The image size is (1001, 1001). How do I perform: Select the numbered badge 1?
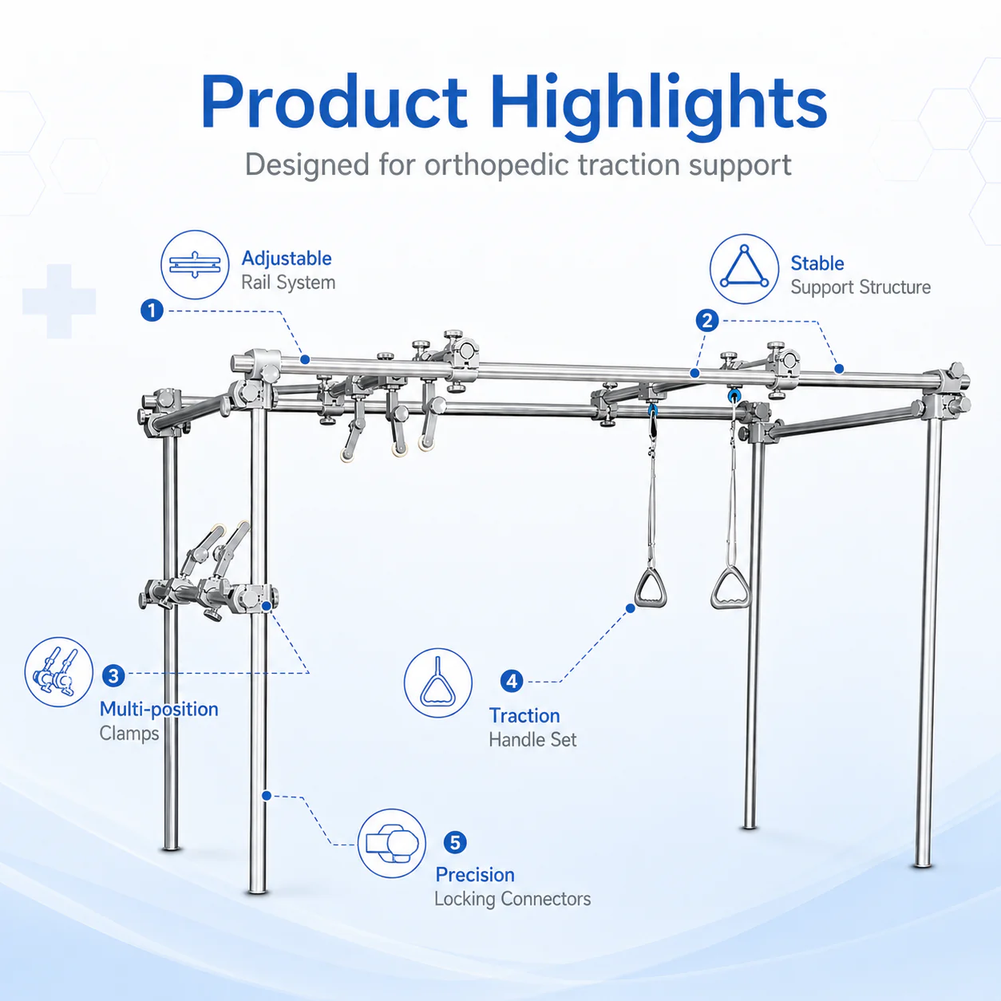click(152, 311)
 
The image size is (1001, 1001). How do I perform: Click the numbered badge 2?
click(707, 321)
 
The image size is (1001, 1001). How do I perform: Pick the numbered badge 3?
click(113, 676)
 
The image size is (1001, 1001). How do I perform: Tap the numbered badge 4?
click(512, 681)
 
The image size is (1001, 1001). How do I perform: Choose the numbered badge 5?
click(455, 842)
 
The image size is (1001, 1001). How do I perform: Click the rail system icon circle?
click(195, 264)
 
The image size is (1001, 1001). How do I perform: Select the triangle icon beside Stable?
click(745, 268)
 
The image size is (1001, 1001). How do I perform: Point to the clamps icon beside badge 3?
click(59, 672)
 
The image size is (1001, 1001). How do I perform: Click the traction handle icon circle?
click(438, 682)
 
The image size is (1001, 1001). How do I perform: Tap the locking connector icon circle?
click(392, 844)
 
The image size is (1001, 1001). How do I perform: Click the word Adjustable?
click(287, 259)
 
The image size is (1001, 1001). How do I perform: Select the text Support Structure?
click(861, 288)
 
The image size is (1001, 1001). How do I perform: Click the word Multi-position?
click(159, 710)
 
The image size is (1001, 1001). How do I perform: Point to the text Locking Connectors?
click(512, 899)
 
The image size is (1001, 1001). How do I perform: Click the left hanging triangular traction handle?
click(651, 588)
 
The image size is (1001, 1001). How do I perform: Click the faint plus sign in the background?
click(59, 301)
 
